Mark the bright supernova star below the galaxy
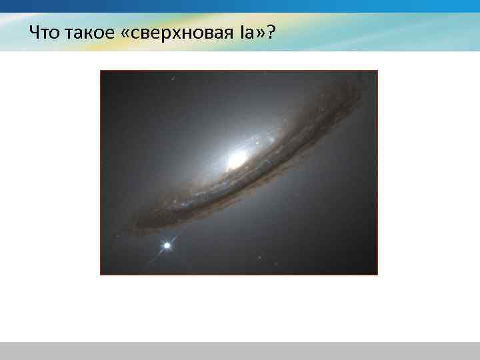[x=167, y=246]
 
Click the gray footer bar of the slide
[x=240, y=351]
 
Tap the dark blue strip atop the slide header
[x=240, y=5]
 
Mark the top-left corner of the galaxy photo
[x=101, y=71]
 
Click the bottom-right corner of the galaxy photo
[x=377, y=274]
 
